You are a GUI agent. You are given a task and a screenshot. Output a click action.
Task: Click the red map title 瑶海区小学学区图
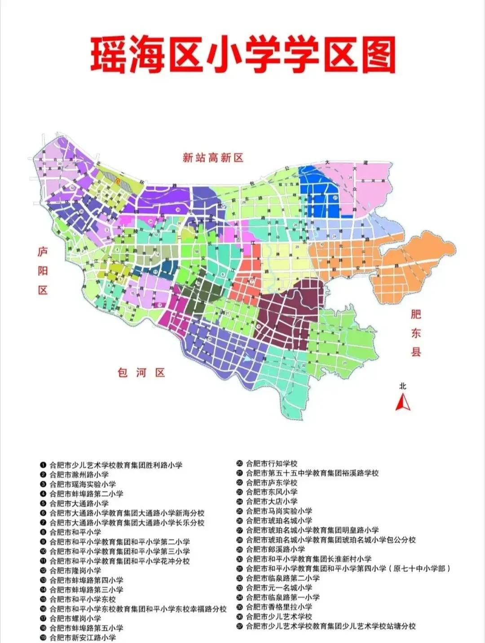242,55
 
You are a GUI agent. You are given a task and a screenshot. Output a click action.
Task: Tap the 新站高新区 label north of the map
213,158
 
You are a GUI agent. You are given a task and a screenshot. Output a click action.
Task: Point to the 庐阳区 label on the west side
43,271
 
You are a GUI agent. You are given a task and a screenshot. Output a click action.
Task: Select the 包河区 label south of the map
141,373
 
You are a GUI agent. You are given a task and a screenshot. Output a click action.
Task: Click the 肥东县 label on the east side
416,333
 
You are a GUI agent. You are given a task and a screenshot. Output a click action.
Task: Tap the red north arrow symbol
402,402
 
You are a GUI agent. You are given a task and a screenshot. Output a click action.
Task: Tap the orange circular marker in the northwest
118,181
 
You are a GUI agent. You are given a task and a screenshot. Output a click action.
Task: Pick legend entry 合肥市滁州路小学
79,474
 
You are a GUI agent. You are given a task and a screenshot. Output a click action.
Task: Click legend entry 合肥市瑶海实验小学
83,484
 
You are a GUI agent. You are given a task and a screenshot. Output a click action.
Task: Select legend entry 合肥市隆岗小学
75,570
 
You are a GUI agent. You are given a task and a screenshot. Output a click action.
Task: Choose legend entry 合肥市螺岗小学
75,618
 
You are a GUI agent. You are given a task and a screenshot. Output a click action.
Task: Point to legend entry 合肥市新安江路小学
83,638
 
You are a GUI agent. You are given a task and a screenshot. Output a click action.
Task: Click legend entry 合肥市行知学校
272,464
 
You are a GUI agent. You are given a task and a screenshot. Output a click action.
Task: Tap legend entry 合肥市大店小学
272,502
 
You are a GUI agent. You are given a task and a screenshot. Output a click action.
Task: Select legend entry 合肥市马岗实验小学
279,511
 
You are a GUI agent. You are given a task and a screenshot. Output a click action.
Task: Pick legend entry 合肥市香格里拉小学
279,607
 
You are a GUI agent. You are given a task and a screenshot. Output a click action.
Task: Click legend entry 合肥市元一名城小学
279,587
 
